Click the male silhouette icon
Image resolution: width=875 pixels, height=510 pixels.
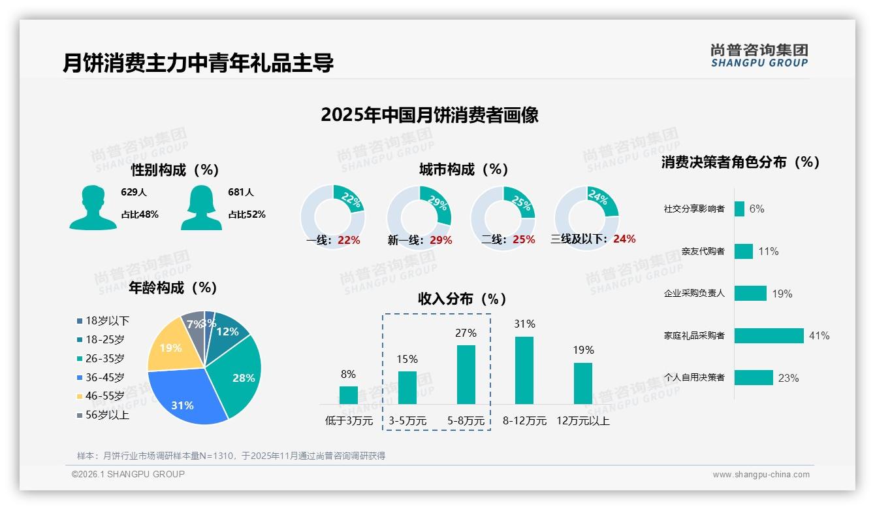click(93, 207)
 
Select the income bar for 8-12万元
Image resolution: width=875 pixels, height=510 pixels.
click(524, 370)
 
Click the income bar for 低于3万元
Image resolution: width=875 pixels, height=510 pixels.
click(349, 395)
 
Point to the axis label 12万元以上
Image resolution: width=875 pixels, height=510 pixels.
click(582, 421)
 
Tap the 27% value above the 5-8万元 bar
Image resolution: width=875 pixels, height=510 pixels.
click(466, 333)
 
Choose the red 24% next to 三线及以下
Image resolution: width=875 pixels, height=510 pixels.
click(624, 239)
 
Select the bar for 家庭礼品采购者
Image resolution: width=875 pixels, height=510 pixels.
click(769, 335)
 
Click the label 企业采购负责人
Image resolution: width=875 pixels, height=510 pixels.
click(694, 294)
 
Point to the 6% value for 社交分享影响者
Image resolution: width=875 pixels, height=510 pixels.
click(757, 209)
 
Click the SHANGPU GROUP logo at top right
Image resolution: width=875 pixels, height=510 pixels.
click(759, 56)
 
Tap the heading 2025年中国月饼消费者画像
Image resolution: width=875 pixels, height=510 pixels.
click(430, 115)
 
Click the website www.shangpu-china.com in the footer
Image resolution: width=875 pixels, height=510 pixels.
click(761, 475)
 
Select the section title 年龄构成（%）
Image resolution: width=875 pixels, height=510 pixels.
click(173, 288)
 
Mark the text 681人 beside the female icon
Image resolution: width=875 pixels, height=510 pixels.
click(241, 192)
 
